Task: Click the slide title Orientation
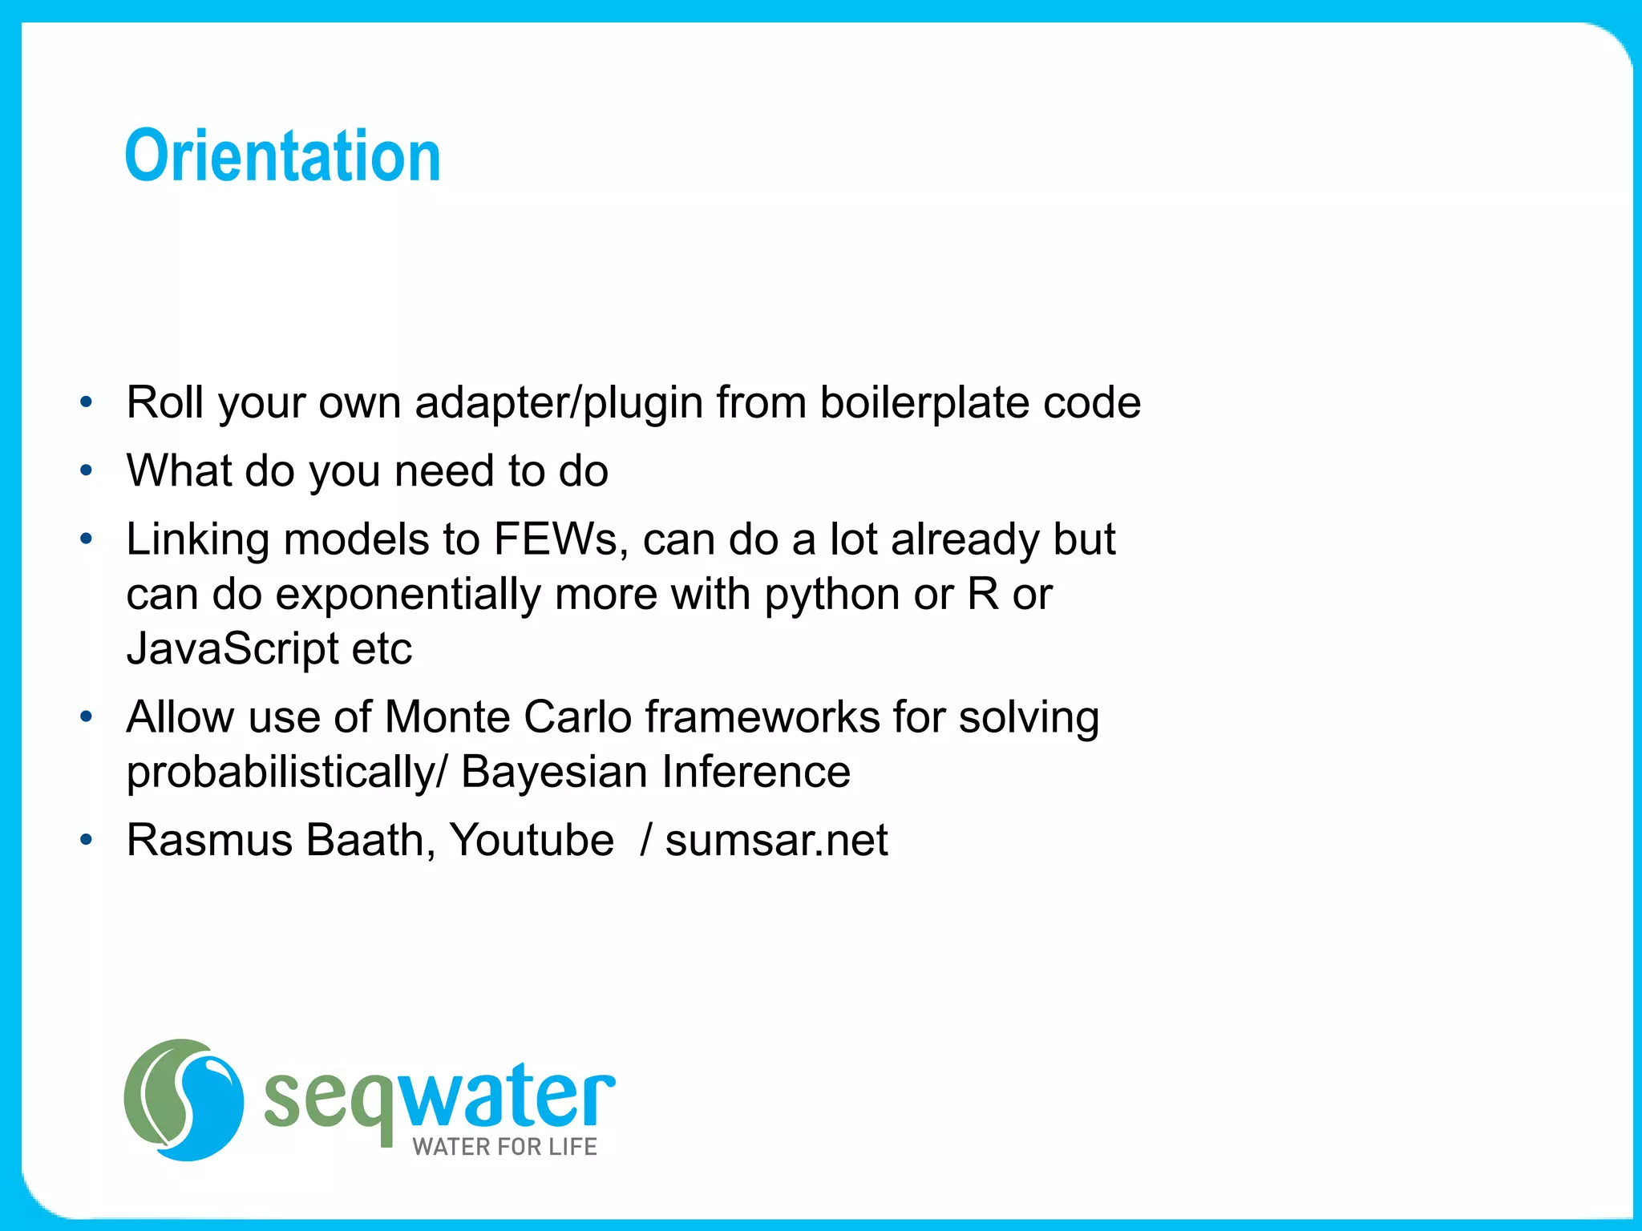point(282,156)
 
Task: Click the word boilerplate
point(925,402)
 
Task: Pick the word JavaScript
point(233,648)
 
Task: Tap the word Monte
point(447,717)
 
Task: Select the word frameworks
point(762,717)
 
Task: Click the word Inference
point(756,773)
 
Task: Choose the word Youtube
point(532,841)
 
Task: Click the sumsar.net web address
point(776,841)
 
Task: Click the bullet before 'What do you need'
point(87,471)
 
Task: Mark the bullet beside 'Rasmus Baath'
point(87,841)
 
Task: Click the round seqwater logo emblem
point(184,1100)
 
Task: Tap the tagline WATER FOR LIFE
point(504,1147)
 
